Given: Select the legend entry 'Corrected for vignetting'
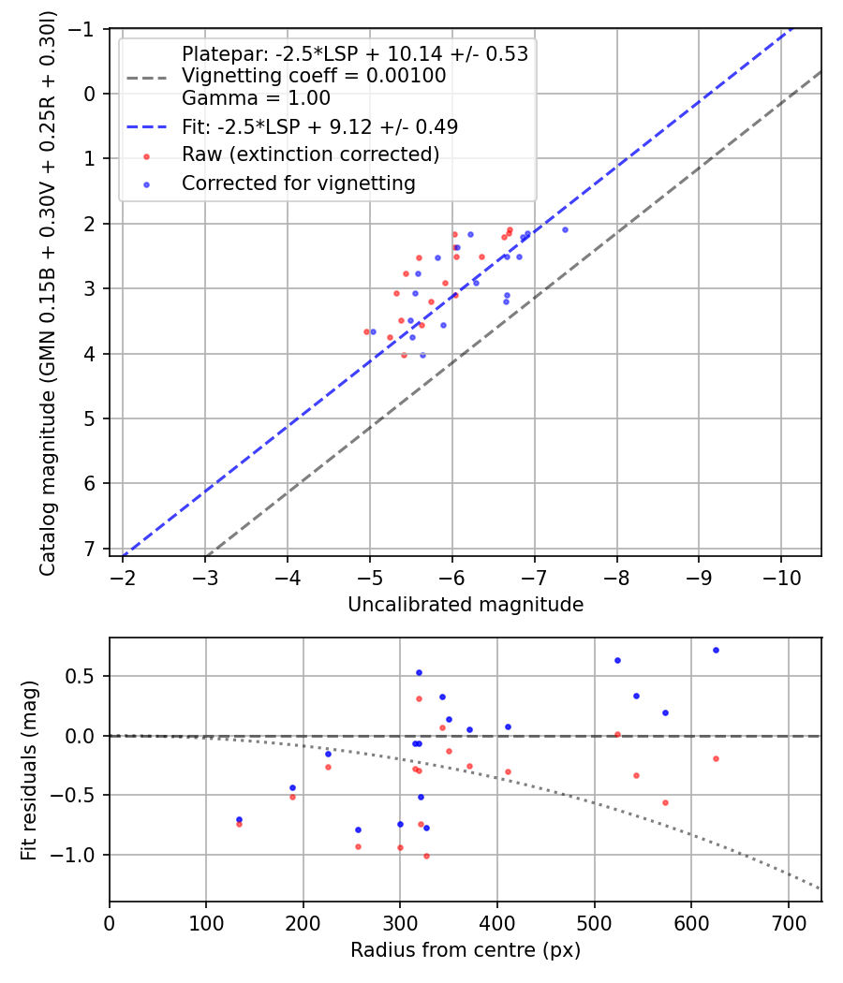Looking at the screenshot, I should (298, 183).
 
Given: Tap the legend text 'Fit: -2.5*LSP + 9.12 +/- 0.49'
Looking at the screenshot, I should (319, 125).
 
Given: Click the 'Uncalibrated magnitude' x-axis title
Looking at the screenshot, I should (466, 605).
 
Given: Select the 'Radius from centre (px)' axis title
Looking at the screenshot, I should (466, 950).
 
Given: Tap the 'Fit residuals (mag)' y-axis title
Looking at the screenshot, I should (28, 770).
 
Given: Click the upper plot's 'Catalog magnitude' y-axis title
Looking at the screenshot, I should (47, 292).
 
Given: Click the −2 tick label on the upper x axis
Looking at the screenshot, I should (123, 577).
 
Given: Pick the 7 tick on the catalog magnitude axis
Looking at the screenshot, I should (89, 549).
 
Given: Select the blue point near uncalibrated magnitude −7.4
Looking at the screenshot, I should (565, 229).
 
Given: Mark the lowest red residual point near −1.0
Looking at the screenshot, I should (426, 856).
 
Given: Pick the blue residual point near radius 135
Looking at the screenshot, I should (239, 819).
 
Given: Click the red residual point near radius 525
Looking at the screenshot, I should (617, 734).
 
